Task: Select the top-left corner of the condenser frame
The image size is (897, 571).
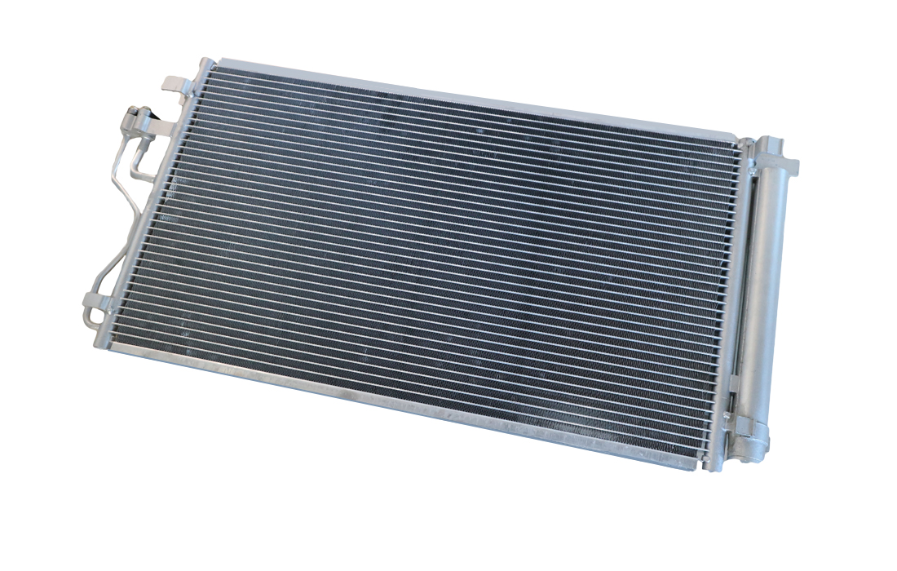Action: [x=204, y=64]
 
